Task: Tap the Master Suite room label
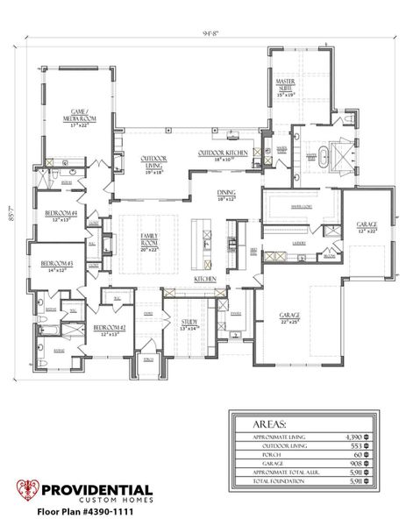tap(285, 87)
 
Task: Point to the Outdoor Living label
tap(155, 164)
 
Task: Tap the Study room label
tap(189, 323)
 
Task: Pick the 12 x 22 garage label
tap(366, 227)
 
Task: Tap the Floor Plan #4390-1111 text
tap(84, 510)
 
